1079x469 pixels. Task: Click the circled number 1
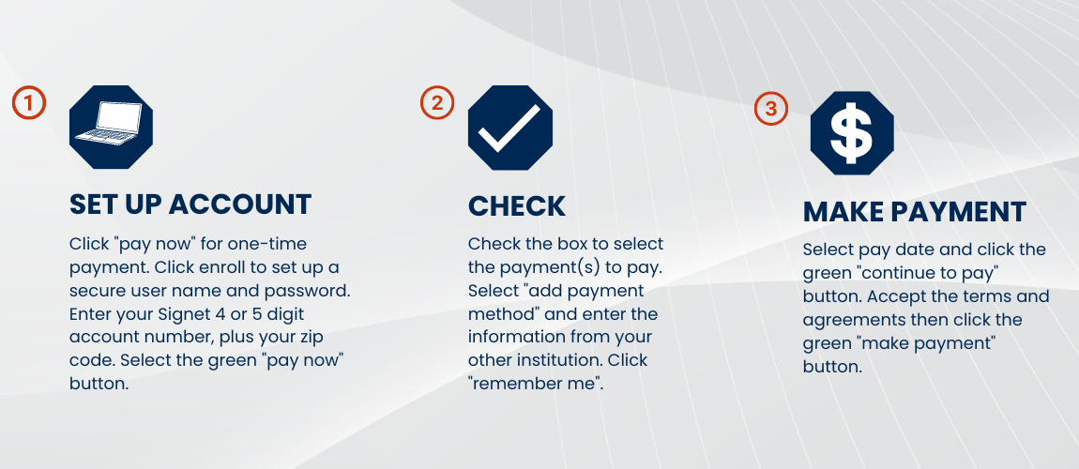click(29, 102)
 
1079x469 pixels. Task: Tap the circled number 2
click(436, 102)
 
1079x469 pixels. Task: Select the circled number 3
click(771, 109)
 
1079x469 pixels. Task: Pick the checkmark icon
click(509, 128)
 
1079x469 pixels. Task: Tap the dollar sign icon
click(852, 133)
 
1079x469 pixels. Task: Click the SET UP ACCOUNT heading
click(190, 204)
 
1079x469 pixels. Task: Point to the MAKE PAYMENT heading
click(915, 212)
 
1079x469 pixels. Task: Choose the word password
click(312, 291)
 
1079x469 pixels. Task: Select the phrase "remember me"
click(536, 383)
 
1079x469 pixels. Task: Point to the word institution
click(557, 359)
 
